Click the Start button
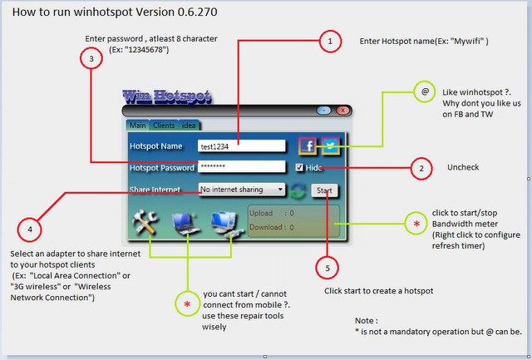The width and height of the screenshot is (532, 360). pyautogui.click(x=324, y=190)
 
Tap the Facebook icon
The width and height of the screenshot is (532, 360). pyautogui.click(x=308, y=145)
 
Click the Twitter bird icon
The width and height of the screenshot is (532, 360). pyautogui.click(x=331, y=145)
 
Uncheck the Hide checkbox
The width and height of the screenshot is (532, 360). pyautogui.click(x=299, y=167)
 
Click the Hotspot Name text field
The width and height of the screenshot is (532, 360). pyautogui.click(x=242, y=146)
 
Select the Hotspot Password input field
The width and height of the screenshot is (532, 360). pyautogui.click(x=242, y=166)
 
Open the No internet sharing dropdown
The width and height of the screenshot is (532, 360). pyautogui.click(x=242, y=190)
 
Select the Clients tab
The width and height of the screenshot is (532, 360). pyautogui.click(x=164, y=126)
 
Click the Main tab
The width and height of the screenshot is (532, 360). pyautogui.click(x=137, y=126)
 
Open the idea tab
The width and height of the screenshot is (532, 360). pyautogui.click(x=189, y=126)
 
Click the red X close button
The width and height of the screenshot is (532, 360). pyautogui.click(x=342, y=111)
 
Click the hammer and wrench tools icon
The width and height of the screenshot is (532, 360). pyautogui.click(x=145, y=222)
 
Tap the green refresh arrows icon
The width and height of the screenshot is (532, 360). pyautogui.click(x=298, y=190)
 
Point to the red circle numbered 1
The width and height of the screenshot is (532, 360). pyautogui.click(x=330, y=42)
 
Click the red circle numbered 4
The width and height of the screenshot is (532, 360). pyautogui.click(x=30, y=229)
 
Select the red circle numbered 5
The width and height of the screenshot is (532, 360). pyautogui.click(x=327, y=268)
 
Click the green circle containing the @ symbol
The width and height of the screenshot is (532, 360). pyautogui.click(x=425, y=91)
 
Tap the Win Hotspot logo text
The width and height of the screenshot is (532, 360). pyautogui.click(x=167, y=97)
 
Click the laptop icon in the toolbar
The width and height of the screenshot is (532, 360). pyautogui.click(x=185, y=224)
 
